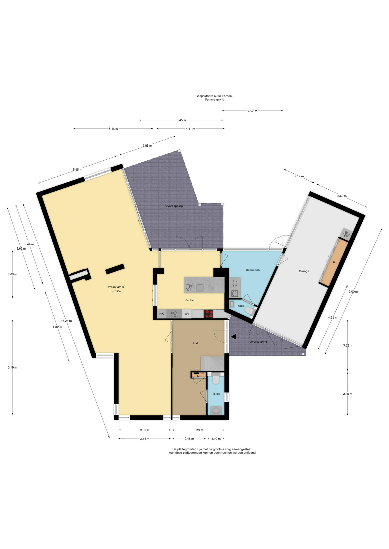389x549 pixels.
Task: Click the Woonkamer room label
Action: pos(116,287)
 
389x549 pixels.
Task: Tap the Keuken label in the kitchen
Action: pos(190,300)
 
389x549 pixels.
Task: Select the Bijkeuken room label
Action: pos(253,270)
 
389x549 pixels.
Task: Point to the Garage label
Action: pos(304,271)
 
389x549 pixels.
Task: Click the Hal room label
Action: pos(196,343)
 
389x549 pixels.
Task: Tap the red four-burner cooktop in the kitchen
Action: pos(208,314)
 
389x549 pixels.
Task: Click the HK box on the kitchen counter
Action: pos(162,314)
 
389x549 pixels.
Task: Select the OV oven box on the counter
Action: pos(187,314)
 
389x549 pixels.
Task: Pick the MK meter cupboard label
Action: pos(199,376)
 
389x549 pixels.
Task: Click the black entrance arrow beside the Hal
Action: pos(233,337)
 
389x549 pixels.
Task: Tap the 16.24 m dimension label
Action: pos(66,321)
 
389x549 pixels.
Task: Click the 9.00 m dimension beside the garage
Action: pos(353,292)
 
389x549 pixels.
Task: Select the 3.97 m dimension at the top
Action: pos(252,111)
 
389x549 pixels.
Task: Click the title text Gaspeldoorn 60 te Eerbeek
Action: pos(214,96)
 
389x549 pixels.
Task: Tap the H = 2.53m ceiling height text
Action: pos(115,291)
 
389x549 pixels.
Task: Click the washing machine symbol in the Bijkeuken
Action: pos(235,293)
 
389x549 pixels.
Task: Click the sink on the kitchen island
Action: pos(200,287)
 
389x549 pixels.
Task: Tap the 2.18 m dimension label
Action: pos(189,439)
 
